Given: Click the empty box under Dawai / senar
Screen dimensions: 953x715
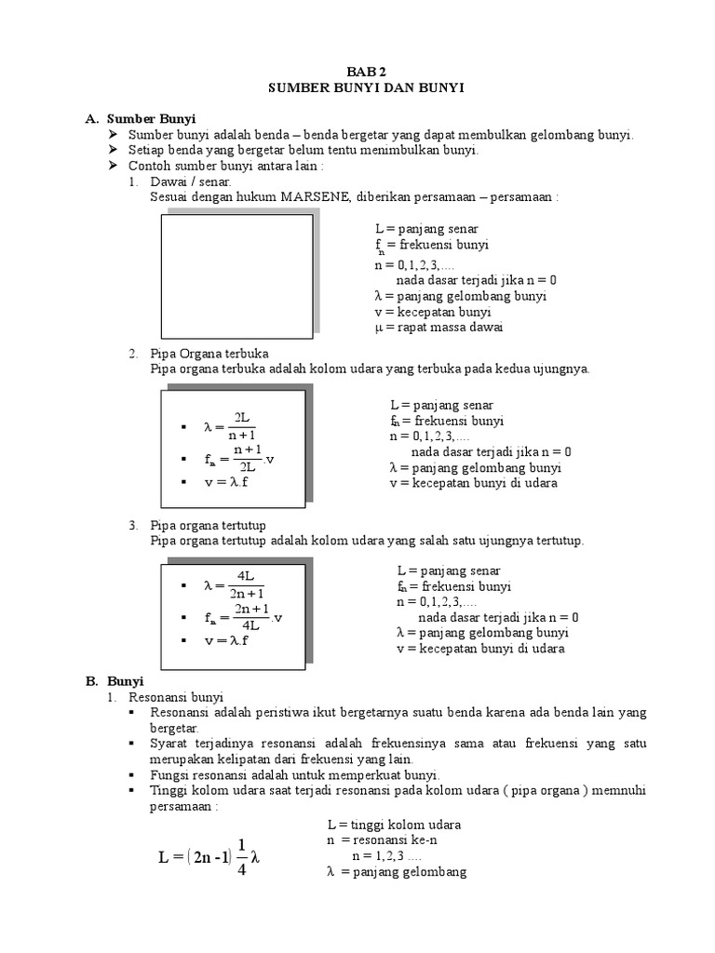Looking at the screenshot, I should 238,275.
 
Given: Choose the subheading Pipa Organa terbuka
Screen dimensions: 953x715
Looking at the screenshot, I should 209,354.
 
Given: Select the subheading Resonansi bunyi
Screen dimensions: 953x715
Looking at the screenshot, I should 177,696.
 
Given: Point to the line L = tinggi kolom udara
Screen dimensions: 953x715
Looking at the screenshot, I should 394,825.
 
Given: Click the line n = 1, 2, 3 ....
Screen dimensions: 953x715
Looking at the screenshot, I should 386,856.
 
